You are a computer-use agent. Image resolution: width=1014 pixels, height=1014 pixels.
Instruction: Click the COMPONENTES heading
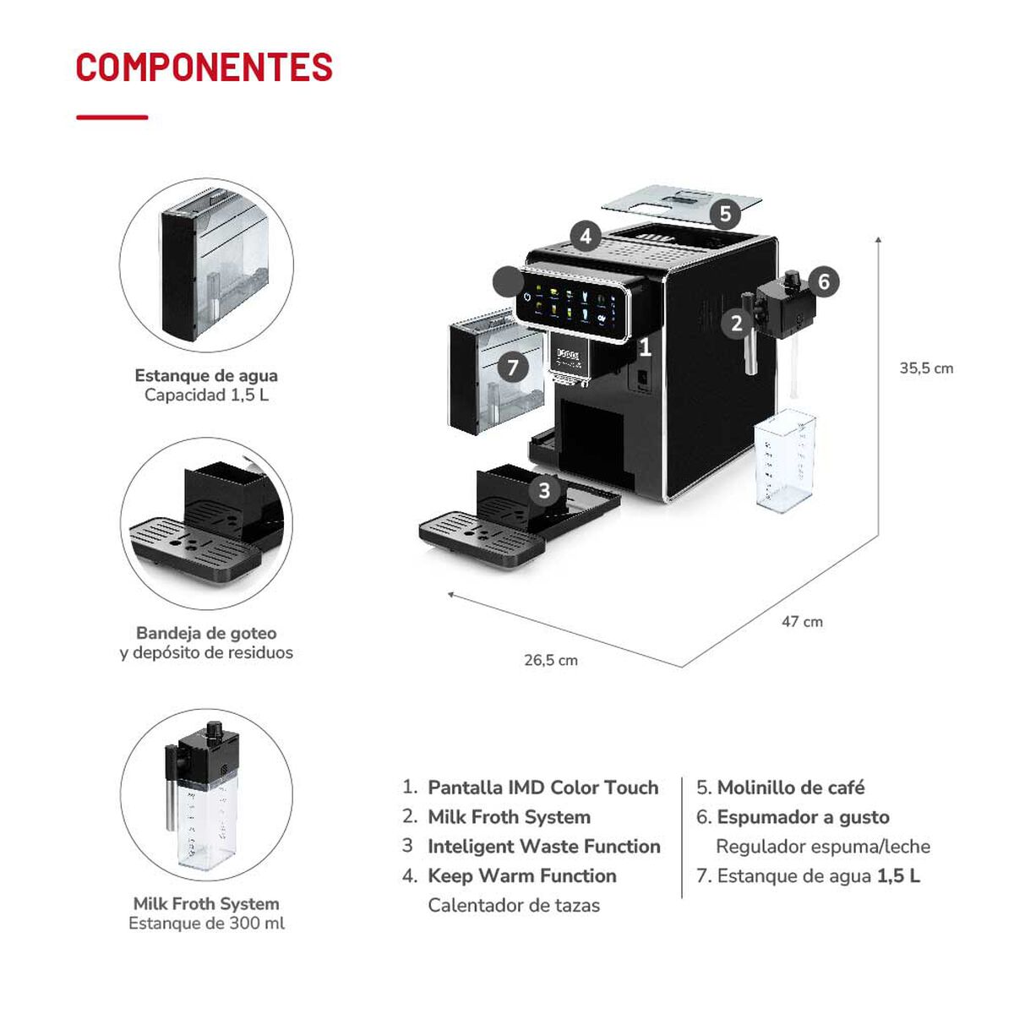click(204, 68)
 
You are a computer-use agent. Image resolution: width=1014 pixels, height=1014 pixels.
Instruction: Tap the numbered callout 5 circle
click(725, 214)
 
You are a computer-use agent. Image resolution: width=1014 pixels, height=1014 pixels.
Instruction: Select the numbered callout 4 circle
click(586, 237)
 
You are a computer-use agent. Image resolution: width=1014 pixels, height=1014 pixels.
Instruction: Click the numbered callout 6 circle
click(824, 281)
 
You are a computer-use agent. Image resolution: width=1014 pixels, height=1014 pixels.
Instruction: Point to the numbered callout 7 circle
click(513, 367)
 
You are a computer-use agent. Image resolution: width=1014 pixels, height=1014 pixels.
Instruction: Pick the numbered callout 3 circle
click(544, 490)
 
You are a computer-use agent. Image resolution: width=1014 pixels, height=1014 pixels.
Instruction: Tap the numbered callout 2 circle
click(736, 322)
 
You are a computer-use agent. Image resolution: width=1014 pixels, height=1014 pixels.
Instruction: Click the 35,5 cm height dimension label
click(926, 368)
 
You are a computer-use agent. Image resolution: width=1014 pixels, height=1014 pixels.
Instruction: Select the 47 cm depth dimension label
click(802, 622)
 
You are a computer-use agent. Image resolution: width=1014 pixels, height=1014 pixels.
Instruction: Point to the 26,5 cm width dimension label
click(551, 661)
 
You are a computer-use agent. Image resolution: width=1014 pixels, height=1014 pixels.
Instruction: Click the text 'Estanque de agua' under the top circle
click(206, 376)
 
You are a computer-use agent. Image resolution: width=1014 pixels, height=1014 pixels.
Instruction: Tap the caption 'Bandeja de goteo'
click(206, 633)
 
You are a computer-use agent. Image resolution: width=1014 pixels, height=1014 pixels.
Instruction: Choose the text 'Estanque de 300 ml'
click(206, 924)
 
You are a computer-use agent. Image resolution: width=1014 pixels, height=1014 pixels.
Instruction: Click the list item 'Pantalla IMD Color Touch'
click(542, 788)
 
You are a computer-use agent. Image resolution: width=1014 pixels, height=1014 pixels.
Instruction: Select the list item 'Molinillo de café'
click(790, 788)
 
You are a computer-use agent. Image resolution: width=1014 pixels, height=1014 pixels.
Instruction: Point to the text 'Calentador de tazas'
click(514, 906)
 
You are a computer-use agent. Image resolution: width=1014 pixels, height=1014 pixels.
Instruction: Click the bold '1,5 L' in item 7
click(898, 876)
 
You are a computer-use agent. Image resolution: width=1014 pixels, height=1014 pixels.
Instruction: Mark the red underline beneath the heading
click(112, 117)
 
